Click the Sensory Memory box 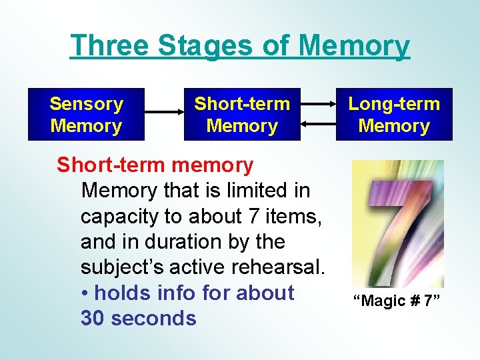click(x=86, y=115)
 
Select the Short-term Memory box click(x=242, y=115)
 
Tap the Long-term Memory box click(x=394, y=115)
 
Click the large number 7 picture click(x=397, y=223)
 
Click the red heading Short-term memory click(x=155, y=165)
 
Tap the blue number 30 click(x=93, y=319)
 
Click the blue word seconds click(x=154, y=319)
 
